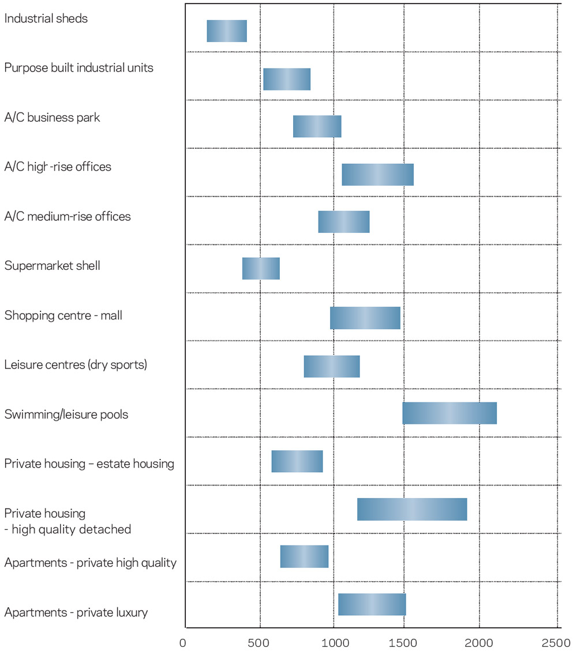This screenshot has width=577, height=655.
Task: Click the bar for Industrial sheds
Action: (227, 31)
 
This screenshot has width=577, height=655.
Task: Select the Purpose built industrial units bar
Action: (287, 79)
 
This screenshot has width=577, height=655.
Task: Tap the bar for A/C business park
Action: (317, 126)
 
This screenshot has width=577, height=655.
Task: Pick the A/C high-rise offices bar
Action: (377, 175)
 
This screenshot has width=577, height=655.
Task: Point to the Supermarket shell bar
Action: (261, 269)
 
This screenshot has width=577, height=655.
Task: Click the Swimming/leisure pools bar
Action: (449, 413)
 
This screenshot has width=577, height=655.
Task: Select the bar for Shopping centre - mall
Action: (365, 318)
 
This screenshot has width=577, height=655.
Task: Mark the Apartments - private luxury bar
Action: (372, 604)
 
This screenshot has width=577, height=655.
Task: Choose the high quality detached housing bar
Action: (411, 509)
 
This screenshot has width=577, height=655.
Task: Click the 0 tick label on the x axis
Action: (183, 643)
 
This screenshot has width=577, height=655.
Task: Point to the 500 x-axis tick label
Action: (259, 643)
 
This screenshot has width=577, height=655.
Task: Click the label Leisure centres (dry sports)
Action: (76, 365)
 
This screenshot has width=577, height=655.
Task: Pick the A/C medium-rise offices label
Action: (68, 217)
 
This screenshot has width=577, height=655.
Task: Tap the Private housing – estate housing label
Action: (89, 464)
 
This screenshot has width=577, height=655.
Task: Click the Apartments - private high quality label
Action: (90, 563)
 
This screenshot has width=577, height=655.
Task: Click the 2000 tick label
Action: (479, 643)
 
